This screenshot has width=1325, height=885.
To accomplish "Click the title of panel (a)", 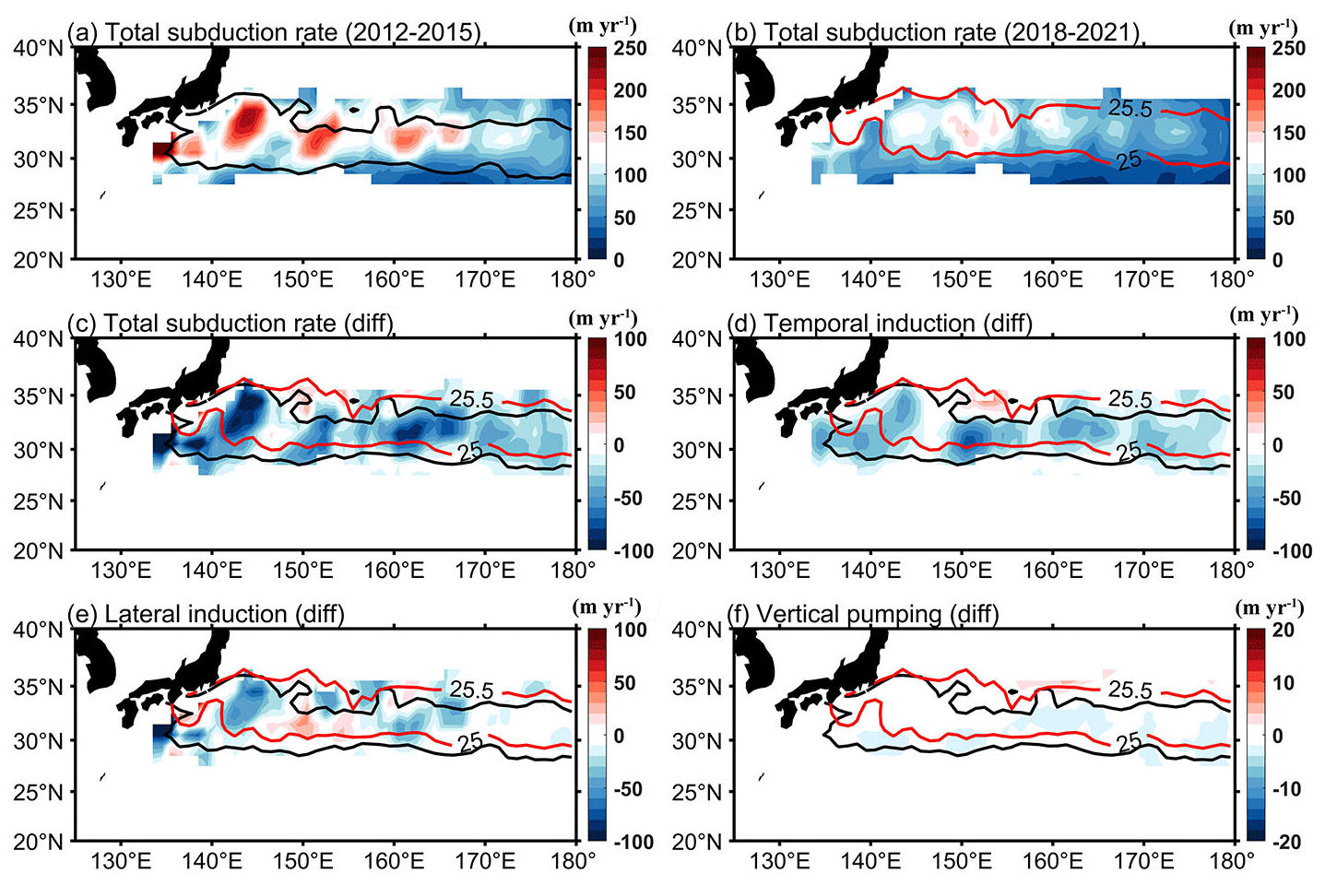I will pyautogui.click(x=275, y=32).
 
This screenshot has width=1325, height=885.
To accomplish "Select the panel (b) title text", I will pyautogui.click(x=933, y=32).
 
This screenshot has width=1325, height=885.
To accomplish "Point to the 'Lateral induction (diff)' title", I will pyautogui.click(x=206, y=615).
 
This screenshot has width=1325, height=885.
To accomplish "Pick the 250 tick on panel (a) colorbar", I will pyautogui.click(x=631, y=49).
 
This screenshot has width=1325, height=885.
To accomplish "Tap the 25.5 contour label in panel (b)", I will pyautogui.click(x=1130, y=109).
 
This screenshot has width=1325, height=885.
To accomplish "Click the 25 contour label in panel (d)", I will pyautogui.click(x=1129, y=453).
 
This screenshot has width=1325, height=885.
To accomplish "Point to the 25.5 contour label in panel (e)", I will pyautogui.click(x=472, y=690).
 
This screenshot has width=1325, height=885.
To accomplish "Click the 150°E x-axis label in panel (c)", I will pyautogui.click(x=302, y=570).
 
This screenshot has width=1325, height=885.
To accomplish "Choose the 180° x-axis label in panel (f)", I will pyautogui.click(x=1231, y=860).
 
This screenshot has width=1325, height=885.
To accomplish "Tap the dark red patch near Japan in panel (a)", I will pyautogui.click(x=161, y=151).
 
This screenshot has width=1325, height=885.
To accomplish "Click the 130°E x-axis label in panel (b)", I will pyautogui.click(x=779, y=278).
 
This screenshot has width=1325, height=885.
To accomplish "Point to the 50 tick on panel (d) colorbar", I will pyautogui.click(x=1287, y=393).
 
